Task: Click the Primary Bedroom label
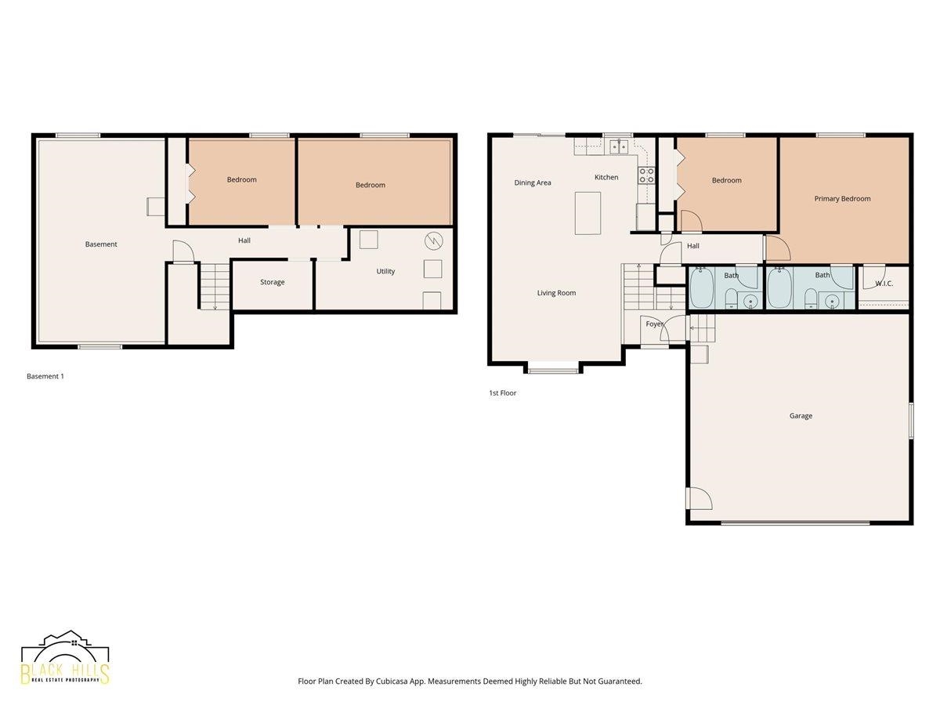click(841, 199)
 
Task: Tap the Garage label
click(801, 416)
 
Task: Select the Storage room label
click(272, 282)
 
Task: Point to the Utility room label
click(385, 271)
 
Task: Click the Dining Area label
click(533, 183)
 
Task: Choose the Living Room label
click(556, 293)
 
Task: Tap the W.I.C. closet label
click(884, 284)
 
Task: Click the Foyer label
click(654, 324)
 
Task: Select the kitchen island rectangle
click(587, 213)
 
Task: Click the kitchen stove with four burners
click(646, 175)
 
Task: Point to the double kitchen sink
click(619, 146)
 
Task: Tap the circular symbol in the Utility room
click(433, 241)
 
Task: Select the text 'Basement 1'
click(45, 376)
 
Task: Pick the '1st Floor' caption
click(502, 393)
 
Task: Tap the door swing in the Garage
click(700, 498)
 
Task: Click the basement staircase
click(215, 287)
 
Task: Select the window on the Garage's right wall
click(911, 420)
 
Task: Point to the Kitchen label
click(606, 177)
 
